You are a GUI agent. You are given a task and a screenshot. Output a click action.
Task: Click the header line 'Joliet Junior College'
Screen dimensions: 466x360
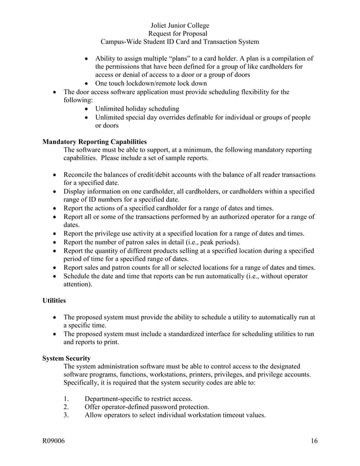[x=180, y=25]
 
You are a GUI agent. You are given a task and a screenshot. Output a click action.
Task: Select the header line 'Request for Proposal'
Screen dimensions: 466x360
[x=180, y=33]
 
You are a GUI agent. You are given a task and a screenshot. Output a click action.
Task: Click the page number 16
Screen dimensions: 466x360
[x=314, y=441]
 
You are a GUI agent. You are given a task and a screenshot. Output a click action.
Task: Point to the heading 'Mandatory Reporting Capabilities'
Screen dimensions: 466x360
[x=94, y=142]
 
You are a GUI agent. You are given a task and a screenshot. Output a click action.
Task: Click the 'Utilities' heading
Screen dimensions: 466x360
[x=55, y=302]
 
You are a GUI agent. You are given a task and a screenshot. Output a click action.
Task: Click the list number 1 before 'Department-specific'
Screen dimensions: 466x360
[x=67, y=398]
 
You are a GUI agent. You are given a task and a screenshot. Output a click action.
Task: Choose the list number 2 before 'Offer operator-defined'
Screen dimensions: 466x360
[x=67, y=407]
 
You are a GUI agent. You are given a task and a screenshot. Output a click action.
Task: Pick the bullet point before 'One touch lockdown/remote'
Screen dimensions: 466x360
[x=86, y=83]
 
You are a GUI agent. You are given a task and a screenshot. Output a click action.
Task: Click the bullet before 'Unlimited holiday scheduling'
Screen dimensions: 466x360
[x=86, y=108]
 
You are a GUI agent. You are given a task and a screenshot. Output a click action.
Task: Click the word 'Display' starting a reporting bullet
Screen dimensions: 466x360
[x=76, y=191]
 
